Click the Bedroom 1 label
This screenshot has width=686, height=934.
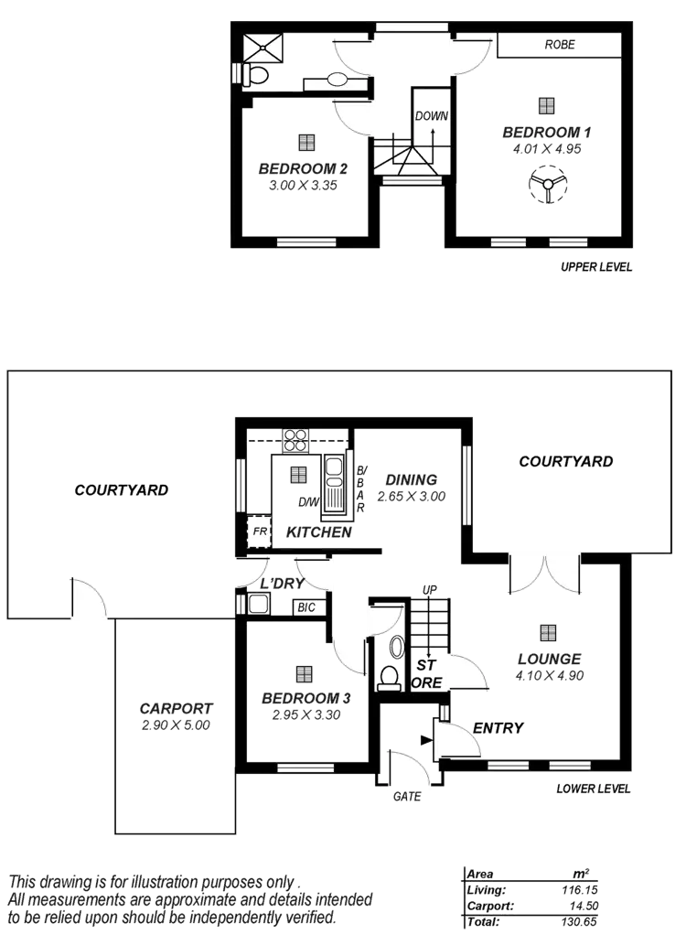click(x=546, y=133)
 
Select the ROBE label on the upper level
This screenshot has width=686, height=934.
click(x=560, y=45)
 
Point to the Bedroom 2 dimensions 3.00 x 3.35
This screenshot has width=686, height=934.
click(x=304, y=185)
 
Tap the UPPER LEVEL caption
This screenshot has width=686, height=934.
click(x=595, y=268)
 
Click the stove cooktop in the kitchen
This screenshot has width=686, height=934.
click(x=295, y=441)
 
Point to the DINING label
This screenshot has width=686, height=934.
click(x=411, y=480)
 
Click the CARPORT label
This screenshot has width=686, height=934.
click(x=176, y=708)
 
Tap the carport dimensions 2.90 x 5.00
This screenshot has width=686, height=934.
click(x=176, y=725)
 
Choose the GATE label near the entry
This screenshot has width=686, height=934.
click(x=407, y=797)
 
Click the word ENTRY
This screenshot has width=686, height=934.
click(x=498, y=728)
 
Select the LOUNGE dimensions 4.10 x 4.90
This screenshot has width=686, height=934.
click(x=549, y=676)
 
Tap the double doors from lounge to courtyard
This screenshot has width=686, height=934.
click(x=545, y=575)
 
